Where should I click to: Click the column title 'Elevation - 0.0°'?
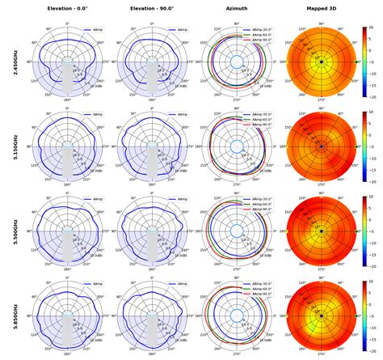point(68,9)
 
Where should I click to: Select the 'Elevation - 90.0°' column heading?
point(151,9)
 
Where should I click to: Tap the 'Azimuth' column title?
point(236,9)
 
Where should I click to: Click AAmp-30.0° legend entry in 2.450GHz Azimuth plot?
point(257,28)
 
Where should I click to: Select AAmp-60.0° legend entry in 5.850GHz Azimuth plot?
point(257,289)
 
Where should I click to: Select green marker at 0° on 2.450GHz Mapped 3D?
point(356,61)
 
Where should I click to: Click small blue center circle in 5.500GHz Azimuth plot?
point(236,231)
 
